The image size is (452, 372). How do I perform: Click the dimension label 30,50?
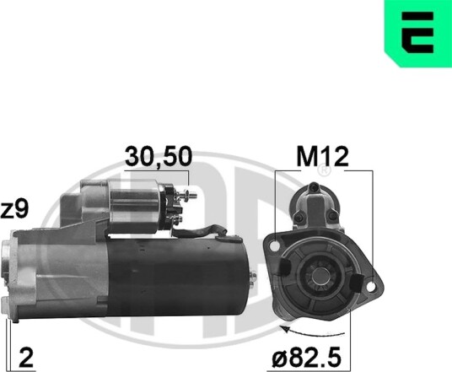pos(159,157)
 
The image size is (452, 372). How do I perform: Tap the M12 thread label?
pos(323,157)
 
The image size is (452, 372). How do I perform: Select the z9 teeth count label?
pos(14,210)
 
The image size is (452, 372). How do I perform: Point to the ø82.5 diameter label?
pos(307,359)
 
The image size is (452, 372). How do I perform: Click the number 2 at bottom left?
pos(26,358)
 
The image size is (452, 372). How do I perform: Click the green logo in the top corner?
pos(418,34)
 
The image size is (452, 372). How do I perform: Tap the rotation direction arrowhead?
pos(285,330)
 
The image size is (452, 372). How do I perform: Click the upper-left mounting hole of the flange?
pos(275,246)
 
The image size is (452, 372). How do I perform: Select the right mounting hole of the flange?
pos(371,286)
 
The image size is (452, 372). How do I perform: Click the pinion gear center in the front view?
pos(319,275)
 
